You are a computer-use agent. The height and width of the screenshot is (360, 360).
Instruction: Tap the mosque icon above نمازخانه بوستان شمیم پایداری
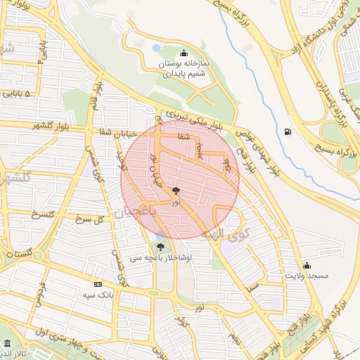click(184, 52)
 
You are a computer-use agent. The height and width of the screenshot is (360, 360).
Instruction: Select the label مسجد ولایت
click(307, 276)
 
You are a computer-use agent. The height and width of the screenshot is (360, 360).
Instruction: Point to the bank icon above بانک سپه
click(97, 284)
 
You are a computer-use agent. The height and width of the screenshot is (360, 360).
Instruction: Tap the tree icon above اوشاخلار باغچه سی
click(161, 247)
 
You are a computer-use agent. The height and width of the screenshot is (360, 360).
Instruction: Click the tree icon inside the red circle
click(176, 190)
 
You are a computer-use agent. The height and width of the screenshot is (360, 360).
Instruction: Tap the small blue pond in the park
click(156, 48)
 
